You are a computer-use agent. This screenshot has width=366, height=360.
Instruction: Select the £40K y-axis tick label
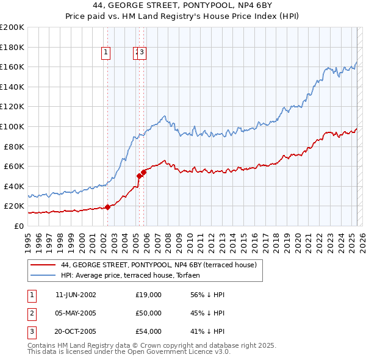[x=15, y=186]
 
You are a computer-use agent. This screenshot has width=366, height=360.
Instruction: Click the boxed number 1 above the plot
[x=106, y=53]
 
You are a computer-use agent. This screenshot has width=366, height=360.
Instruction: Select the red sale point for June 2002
[x=108, y=207]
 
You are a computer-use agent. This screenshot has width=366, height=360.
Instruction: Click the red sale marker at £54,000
[x=144, y=172]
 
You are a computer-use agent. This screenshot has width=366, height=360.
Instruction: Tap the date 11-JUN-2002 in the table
[x=76, y=295]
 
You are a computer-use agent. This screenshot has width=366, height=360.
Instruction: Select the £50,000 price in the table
[x=149, y=313]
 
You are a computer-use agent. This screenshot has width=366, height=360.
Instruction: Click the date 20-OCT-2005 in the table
[x=76, y=331]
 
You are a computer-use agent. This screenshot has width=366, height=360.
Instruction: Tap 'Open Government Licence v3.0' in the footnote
[x=178, y=352]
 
